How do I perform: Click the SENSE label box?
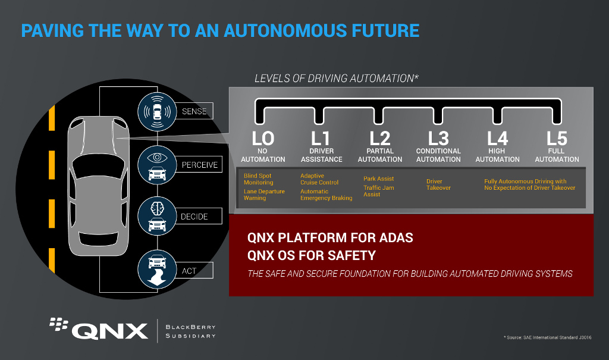coord(194,111)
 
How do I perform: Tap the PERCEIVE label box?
coord(199,164)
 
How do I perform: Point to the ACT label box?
coord(194,271)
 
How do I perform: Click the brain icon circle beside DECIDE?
coord(157,216)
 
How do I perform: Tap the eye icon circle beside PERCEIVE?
coord(157,165)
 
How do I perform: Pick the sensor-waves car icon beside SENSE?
coord(157,112)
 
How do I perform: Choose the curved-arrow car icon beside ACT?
coord(157,270)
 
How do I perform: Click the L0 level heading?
coord(263,139)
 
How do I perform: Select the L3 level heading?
coord(438,139)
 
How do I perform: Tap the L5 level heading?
coord(557,139)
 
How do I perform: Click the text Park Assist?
coord(379,179)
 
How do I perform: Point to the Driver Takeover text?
coord(438,184)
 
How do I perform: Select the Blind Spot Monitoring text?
coord(258,179)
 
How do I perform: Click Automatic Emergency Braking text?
coord(327,195)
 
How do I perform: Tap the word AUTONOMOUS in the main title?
coord(285,31)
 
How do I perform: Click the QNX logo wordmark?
coord(110,331)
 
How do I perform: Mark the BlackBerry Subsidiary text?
coord(191,331)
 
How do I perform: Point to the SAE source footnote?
coord(548,337)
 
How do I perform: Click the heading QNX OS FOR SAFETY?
coord(312,255)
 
